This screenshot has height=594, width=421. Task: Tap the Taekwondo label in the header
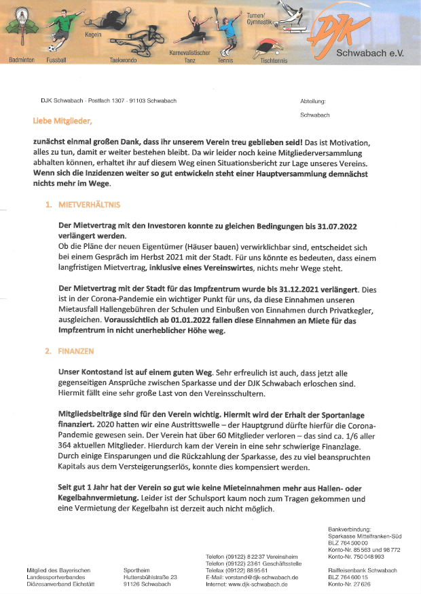click(123, 60)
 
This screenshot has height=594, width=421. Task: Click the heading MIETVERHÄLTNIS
click(91, 204)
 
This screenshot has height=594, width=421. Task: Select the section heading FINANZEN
click(77, 352)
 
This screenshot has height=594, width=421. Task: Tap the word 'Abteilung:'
click(313, 101)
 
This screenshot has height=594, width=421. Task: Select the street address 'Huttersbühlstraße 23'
click(151, 577)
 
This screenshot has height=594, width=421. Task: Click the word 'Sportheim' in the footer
click(137, 570)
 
